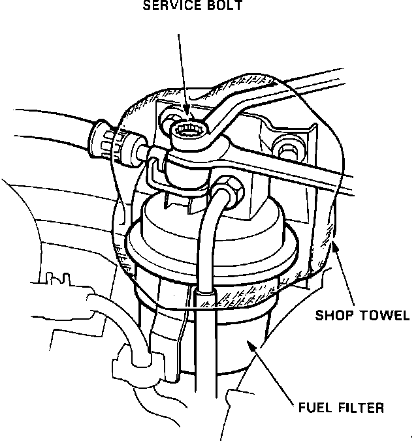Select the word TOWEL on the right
coord(383,316)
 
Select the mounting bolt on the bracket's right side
coord(285,149)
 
